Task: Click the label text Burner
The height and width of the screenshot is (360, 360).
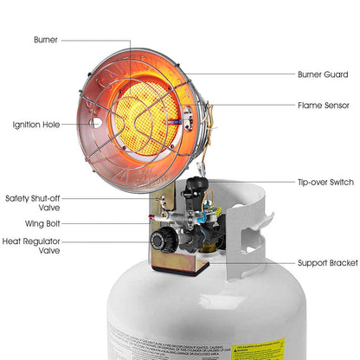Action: point(46,40)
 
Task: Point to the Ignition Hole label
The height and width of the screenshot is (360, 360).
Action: point(36,125)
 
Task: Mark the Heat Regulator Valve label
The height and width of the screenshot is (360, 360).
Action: point(31,247)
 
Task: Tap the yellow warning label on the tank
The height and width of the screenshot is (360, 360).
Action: point(260,350)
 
